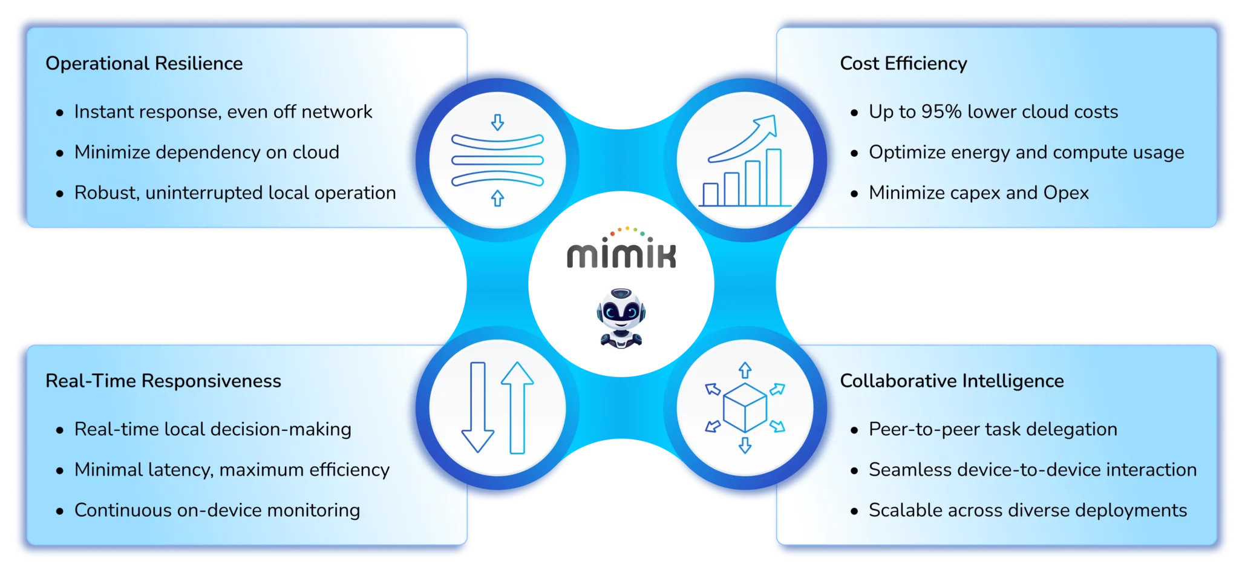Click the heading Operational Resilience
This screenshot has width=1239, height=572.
(x=144, y=64)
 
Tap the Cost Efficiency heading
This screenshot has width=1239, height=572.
(x=903, y=64)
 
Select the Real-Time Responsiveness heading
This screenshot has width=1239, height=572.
(x=163, y=381)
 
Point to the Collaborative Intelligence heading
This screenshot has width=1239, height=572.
(x=952, y=381)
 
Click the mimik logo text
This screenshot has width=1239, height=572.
(x=621, y=255)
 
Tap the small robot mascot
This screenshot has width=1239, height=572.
(x=621, y=317)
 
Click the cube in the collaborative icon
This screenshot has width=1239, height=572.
(x=745, y=407)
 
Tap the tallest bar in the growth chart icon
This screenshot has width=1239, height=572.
(x=773, y=177)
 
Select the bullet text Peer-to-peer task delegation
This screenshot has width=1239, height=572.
(x=993, y=429)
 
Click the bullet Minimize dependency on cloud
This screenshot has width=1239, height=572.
(x=206, y=152)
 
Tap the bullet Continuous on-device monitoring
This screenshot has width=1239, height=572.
(x=217, y=510)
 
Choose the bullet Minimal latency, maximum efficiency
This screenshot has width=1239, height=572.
(x=232, y=470)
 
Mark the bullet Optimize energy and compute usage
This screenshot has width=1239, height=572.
(x=1026, y=152)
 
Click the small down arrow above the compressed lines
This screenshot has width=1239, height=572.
(x=497, y=123)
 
